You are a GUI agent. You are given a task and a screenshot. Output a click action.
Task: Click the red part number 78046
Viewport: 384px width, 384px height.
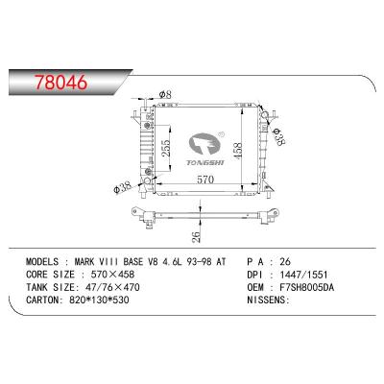60,82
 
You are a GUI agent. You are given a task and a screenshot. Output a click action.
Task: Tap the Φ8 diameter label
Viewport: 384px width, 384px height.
165,94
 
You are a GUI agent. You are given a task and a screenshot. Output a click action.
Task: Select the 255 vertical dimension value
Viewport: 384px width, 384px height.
166,148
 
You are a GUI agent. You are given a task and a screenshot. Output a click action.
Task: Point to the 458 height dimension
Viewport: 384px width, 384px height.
237,151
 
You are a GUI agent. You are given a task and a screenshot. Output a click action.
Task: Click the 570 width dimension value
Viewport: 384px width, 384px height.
205,180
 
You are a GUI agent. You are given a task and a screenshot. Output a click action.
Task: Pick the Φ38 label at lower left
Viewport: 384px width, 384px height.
123,186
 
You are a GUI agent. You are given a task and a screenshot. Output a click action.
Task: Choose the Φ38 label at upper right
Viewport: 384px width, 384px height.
277,137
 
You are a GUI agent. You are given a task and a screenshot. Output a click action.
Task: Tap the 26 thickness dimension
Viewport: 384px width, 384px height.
196,236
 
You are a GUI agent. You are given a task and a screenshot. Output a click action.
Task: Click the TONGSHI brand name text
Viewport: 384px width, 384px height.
205,163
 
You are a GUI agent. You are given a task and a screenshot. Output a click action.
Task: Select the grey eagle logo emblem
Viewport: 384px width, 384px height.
205,146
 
